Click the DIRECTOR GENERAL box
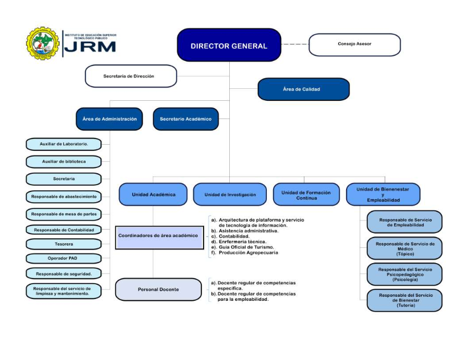[x=229, y=46]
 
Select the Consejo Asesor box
[x=354, y=44]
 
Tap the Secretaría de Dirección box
[x=131, y=76]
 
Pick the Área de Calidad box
[x=303, y=89]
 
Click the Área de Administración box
[x=109, y=119]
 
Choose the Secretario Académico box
[x=185, y=119]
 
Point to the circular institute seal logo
[x=42, y=43]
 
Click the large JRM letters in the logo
[x=90, y=47]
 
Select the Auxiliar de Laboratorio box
[x=63, y=144]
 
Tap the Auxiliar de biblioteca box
[x=63, y=161]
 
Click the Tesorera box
[x=63, y=244]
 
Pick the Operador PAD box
[x=63, y=258]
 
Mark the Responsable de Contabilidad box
[x=63, y=230]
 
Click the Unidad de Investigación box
[x=230, y=194]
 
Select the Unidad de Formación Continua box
[x=306, y=194]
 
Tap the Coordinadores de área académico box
[x=159, y=236]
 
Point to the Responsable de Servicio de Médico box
[x=404, y=248]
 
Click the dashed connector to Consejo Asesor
[x=295, y=44]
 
